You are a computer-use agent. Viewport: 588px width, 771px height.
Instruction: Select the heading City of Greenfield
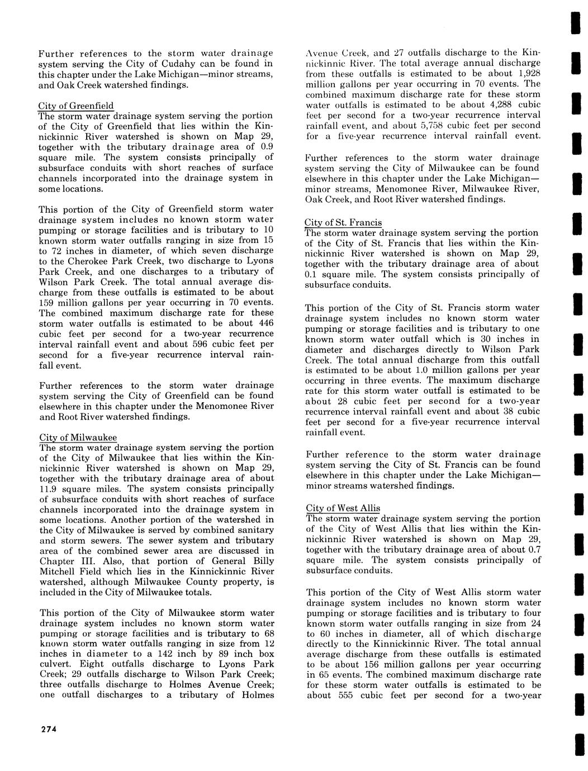76,106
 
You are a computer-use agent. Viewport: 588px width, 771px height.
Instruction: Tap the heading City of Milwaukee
78,437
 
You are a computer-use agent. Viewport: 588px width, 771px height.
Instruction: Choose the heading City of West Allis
343,508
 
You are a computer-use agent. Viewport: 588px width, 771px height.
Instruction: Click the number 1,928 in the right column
529,74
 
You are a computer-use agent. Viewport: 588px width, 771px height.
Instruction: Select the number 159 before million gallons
46,302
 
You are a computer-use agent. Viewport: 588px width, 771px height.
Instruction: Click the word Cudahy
181,64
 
